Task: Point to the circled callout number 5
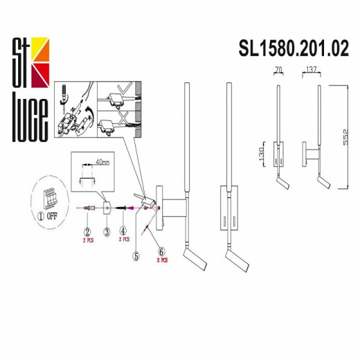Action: pos(136,254)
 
